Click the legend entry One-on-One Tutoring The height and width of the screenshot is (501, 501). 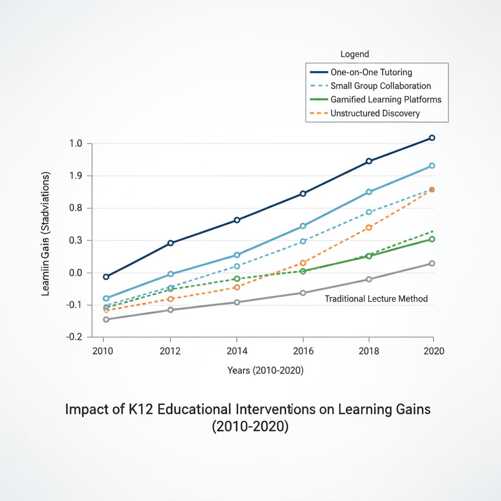click(371, 72)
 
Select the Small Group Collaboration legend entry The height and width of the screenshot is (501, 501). click(381, 86)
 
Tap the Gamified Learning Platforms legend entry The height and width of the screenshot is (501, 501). click(386, 100)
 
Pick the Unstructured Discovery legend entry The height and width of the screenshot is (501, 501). click(375, 114)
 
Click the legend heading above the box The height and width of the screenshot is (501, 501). click(355, 54)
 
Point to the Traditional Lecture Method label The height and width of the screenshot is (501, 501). click(376, 299)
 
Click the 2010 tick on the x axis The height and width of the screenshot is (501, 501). click(103, 351)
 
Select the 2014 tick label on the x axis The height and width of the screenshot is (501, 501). click(237, 351)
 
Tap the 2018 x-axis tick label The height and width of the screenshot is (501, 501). click(369, 351)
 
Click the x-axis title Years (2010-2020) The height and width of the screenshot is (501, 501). click(265, 371)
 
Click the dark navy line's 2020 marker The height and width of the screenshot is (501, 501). click(432, 138)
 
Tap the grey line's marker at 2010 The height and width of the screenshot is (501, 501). click(106, 319)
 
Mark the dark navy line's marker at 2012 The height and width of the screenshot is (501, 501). click(171, 243)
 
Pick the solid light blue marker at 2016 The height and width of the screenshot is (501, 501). click(303, 226)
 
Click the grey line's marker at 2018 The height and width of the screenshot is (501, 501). click(369, 279)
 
